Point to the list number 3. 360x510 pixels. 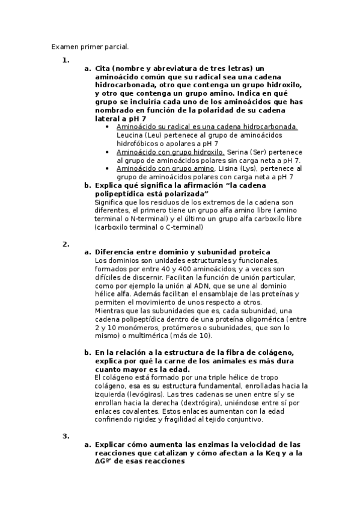click(66, 435)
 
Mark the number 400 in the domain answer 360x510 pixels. click(195, 268)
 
